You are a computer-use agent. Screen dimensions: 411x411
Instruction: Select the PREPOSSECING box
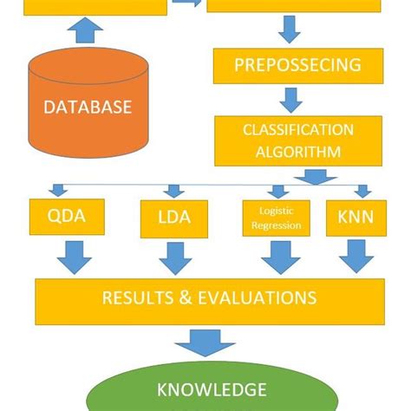(x=287, y=65)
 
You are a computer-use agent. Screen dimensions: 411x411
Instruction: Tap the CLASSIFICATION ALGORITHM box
(x=287, y=141)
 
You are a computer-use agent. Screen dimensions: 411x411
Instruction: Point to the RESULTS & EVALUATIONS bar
(x=209, y=300)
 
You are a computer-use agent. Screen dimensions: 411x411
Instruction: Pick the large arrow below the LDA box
(x=176, y=258)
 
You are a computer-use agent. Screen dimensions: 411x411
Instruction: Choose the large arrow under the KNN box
(x=356, y=258)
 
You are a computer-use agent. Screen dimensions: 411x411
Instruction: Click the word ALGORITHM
(x=287, y=152)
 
